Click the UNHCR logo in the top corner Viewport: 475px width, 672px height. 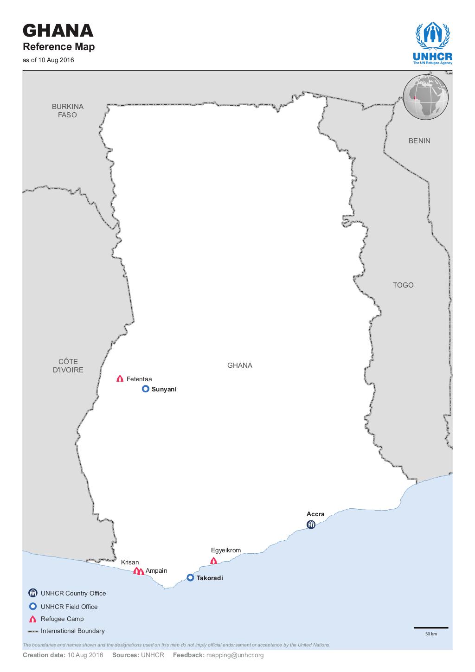coord(432,43)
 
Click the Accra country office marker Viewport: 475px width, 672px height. coord(311,525)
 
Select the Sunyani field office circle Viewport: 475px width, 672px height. coord(145,389)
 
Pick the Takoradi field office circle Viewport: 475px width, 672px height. coord(190,577)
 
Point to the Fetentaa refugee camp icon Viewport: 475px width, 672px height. coord(120,378)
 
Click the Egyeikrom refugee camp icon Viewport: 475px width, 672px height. coord(213,560)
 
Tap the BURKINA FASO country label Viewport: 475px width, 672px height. coord(68,110)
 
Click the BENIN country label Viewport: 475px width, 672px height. coord(419,141)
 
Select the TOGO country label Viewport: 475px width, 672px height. coord(403,285)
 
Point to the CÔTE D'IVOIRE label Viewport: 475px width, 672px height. coord(68,365)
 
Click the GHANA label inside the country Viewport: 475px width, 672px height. coord(240,365)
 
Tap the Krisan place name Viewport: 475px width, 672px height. coord(130,562)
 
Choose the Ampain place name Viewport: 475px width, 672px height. coord(156,570)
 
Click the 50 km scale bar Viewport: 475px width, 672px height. coord(431,628)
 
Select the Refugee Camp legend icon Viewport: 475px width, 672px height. coord(32,619)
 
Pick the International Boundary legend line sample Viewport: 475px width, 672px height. coord(32,631)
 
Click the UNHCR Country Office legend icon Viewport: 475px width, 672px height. coord(32,593)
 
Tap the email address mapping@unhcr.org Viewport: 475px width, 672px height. coord(235,655)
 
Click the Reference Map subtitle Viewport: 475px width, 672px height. coord(59,46)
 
